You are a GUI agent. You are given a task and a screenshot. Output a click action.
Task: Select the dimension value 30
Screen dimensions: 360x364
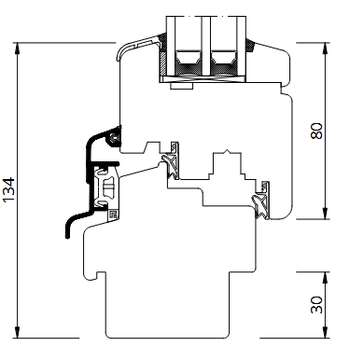[316, 304]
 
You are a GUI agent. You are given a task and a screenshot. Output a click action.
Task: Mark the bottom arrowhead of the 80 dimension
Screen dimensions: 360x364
[326, 215]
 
